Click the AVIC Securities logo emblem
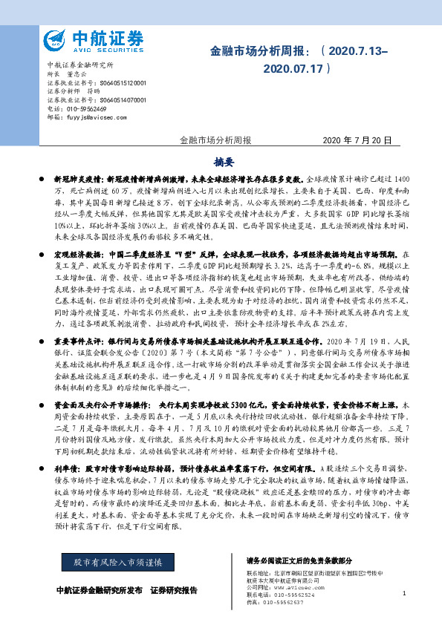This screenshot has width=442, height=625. coord(56,40)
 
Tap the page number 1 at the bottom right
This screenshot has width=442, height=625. coord(403,593)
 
